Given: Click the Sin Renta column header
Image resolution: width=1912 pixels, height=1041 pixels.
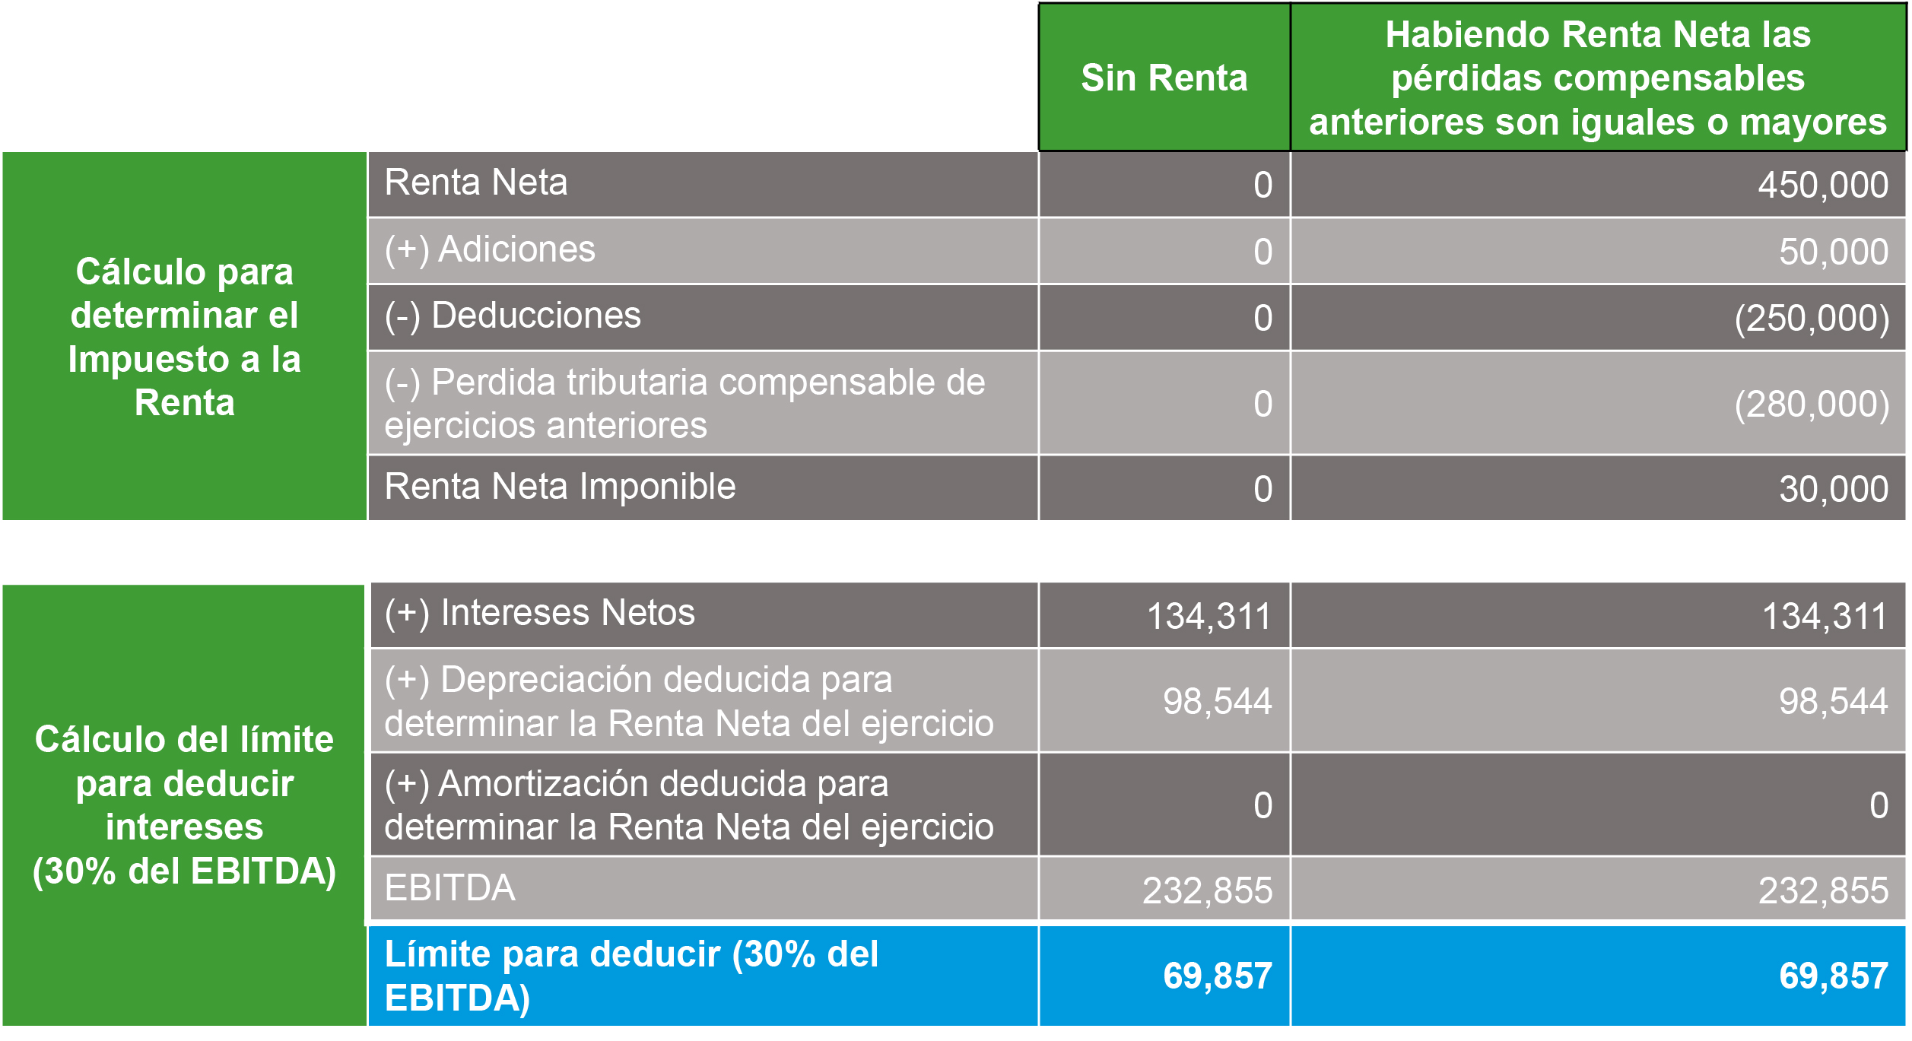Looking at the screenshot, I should (1164, 78).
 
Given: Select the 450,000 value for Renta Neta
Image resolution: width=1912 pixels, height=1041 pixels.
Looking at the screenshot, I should (1822, 185).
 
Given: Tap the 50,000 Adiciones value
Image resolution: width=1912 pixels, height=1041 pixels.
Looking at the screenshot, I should (1833, 252).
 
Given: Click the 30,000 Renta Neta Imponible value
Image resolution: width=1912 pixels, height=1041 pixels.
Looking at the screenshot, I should (1833, 489).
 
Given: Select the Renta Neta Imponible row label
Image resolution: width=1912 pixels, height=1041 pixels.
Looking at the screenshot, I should (560, 487).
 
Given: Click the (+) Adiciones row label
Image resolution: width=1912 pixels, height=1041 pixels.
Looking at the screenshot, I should (490, 249).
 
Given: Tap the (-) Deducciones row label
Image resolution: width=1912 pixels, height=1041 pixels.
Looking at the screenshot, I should (513, 316).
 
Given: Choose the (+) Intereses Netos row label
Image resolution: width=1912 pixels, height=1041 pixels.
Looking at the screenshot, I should (539, 613).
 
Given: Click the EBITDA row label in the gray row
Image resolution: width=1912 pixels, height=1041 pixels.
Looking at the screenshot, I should (449, 888).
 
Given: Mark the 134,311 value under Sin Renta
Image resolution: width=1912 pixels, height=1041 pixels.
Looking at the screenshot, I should (1208, 617).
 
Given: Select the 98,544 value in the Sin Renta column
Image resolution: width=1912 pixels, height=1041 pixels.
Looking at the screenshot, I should (1217, 701).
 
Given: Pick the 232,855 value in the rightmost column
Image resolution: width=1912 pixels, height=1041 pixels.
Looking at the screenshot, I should (1823, 890).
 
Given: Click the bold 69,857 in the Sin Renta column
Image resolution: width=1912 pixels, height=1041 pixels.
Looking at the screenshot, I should (1217, 976).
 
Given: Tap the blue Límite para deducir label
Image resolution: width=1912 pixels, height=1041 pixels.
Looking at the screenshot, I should (631, 976).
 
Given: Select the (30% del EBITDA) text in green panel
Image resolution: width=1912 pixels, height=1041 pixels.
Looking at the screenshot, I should (184, 871).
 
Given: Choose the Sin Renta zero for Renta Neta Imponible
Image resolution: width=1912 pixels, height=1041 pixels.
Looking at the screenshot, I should (1262, 489).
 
